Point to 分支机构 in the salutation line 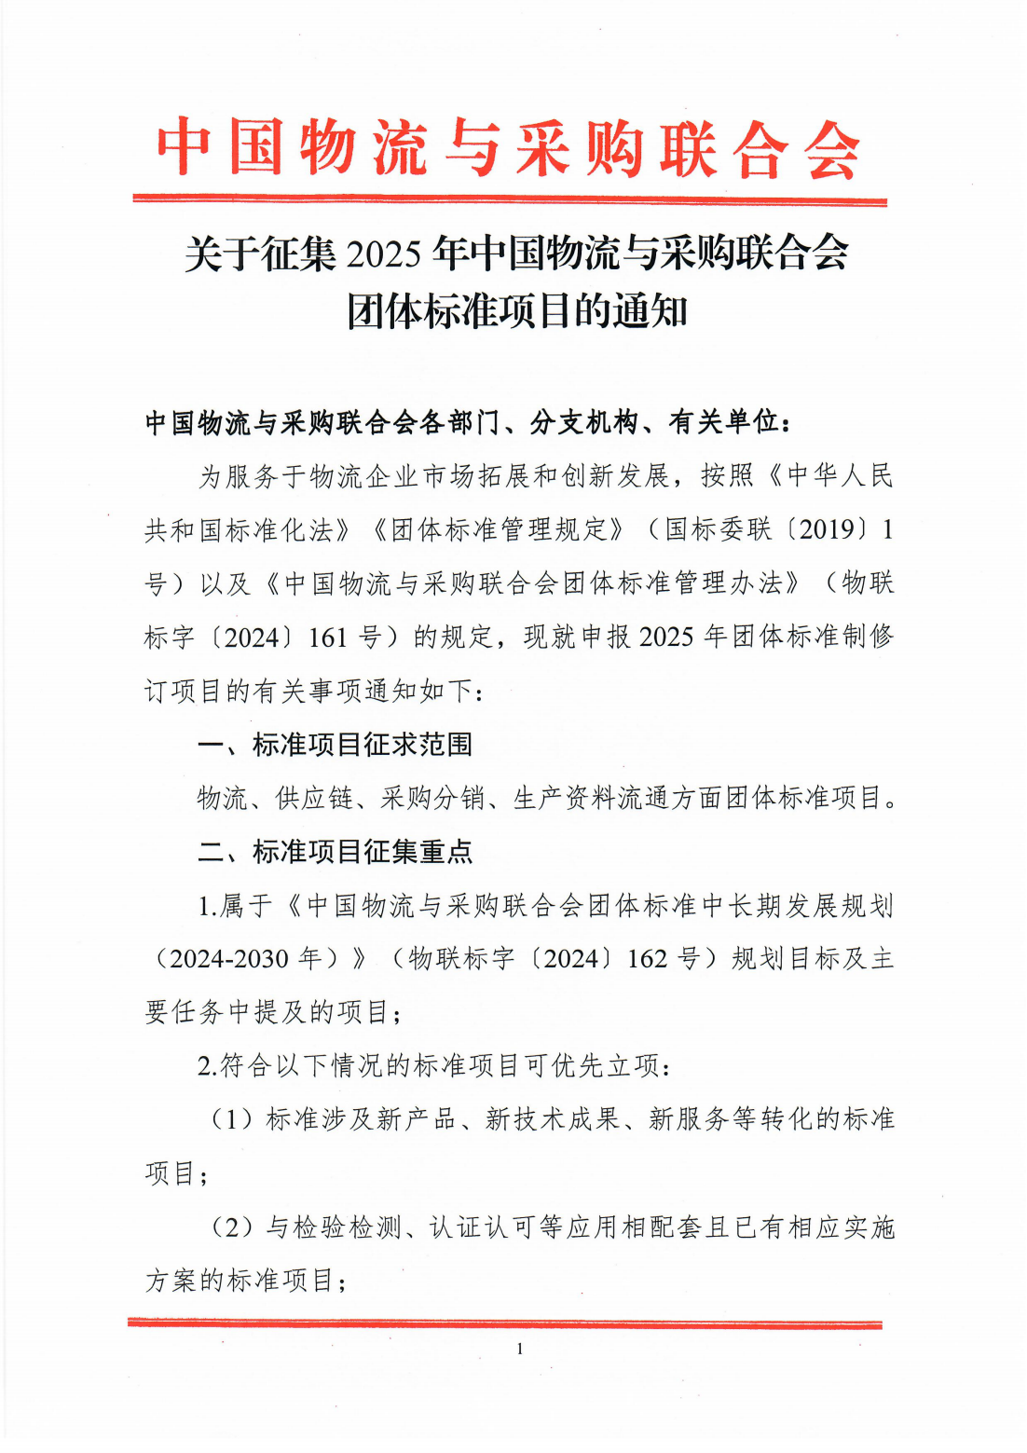click(x=583, y=423)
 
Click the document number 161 click(x=327, y=638)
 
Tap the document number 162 click(x=647, y=959)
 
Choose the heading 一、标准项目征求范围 click(x=335, y=745)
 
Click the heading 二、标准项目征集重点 click(x=335, y=852)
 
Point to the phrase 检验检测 click(x=348, y=1227)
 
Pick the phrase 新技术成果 click(x=553, y=1119)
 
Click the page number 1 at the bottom click(x=519, y=1350)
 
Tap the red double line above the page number click(x=504, y=1323)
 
